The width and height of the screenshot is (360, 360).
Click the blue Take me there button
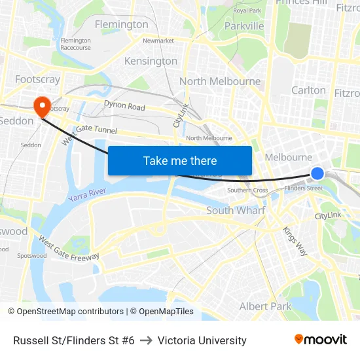coord(180,160)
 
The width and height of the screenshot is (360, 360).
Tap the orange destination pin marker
coord(42,107)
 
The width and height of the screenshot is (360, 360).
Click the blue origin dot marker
coord(317,173)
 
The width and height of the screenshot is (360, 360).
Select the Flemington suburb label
coord(121,25)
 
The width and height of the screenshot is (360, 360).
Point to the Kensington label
coord(151,61)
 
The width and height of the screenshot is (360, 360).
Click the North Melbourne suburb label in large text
coord(220,82)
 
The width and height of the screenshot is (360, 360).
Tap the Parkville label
coord(243,26)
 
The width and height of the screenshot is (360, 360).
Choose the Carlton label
coord(308,90)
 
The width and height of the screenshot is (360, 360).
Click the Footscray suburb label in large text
coord(37,79)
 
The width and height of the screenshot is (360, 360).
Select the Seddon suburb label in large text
coord(16,121)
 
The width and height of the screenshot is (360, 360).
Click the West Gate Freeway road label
coord(68,249)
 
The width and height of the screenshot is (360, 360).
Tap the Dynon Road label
coord(124,107)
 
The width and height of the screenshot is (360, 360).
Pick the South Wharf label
coord(236,211)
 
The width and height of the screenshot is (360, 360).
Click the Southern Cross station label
coord(247,190)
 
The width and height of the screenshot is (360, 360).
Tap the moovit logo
coord(321,340)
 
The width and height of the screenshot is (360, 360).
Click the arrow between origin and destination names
coord(146,340)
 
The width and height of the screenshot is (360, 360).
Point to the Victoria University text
coord(202,340)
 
